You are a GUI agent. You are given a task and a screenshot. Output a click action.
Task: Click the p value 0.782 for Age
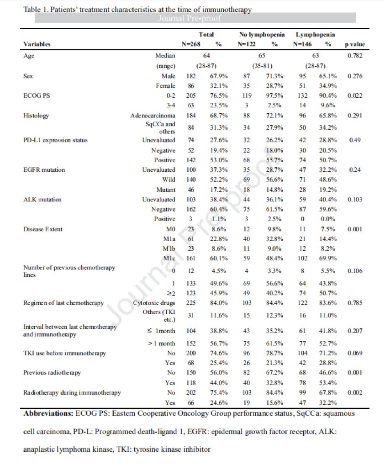tap(354, 56)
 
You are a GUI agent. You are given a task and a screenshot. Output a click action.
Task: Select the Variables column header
tap(37, 44)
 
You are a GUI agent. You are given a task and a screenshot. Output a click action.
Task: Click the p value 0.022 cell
tap(354, 95)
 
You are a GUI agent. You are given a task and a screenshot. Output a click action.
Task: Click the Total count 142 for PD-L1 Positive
tap(191, 160)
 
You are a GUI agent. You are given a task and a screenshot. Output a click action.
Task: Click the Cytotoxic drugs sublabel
tap(154, 303)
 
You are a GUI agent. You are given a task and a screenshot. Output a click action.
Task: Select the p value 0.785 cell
tap(354, 303)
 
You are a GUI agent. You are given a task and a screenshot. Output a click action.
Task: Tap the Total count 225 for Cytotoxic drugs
tap(191, 303)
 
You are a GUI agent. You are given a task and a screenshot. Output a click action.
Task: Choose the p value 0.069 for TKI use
tap(354, 353)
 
